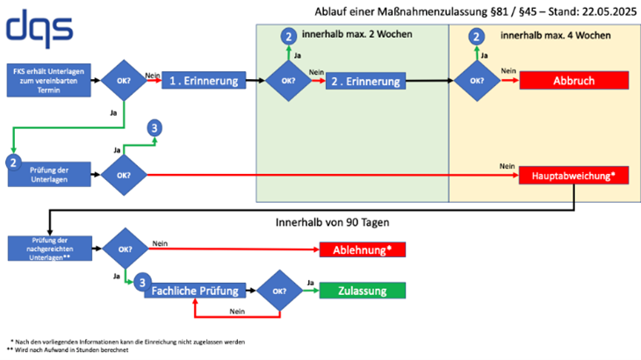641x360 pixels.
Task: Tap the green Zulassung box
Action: [x=364, y=291]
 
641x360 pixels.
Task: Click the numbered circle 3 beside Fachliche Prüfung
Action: [x=140, y=283]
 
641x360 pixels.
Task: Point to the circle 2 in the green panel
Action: [x=288, y=36]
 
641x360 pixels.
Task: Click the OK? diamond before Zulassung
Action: [x=277, y=291]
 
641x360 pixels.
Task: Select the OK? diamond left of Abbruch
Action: [x=476, y=81]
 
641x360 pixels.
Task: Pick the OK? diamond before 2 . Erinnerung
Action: [x=287, y=81]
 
